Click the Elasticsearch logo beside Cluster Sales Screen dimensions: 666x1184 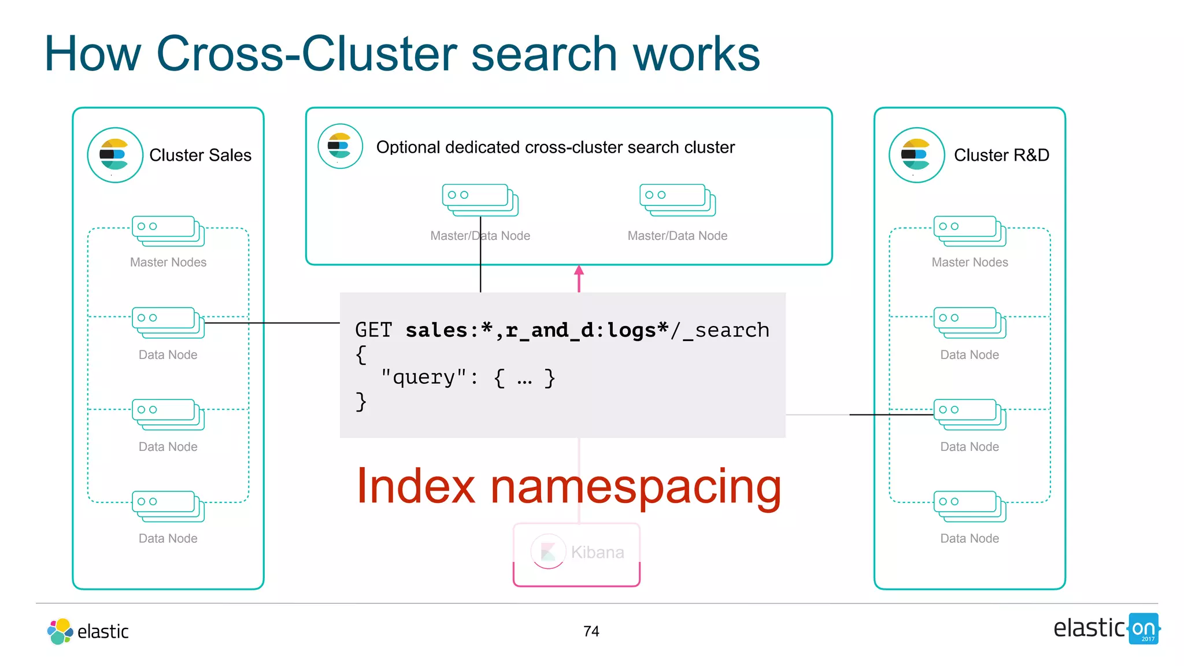[115, 155]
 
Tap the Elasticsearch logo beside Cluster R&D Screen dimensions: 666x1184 [916, 155]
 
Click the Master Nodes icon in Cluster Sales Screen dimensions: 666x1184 [168, 231]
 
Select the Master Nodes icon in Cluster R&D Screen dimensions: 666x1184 [970, 231]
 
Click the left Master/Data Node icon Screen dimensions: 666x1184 [480, 199]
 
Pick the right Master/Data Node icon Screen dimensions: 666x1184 [677, 199]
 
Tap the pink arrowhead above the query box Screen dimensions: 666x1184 [579, 270]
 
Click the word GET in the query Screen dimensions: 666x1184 [373, 330]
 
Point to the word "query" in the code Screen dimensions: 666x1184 [423, 378]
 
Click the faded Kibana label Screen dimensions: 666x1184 [597, 552]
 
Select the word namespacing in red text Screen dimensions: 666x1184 [635, 487]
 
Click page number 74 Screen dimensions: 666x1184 [591, 631]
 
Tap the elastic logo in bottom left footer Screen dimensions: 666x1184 [88, 631]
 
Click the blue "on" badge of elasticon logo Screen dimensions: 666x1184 [1143, 628]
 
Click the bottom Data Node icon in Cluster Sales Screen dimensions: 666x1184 [168, 506]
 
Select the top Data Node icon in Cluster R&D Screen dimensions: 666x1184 [970, 322]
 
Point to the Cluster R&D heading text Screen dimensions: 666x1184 [1001, 155]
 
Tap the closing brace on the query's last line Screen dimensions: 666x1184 [361, 401]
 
